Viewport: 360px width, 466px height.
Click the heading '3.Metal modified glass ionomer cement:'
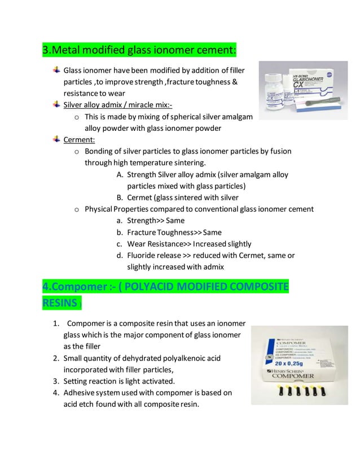[139, 52]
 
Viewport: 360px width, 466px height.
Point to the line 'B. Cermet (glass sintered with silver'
[177, 197]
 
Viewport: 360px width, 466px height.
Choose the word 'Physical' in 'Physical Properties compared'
[100, 209]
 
